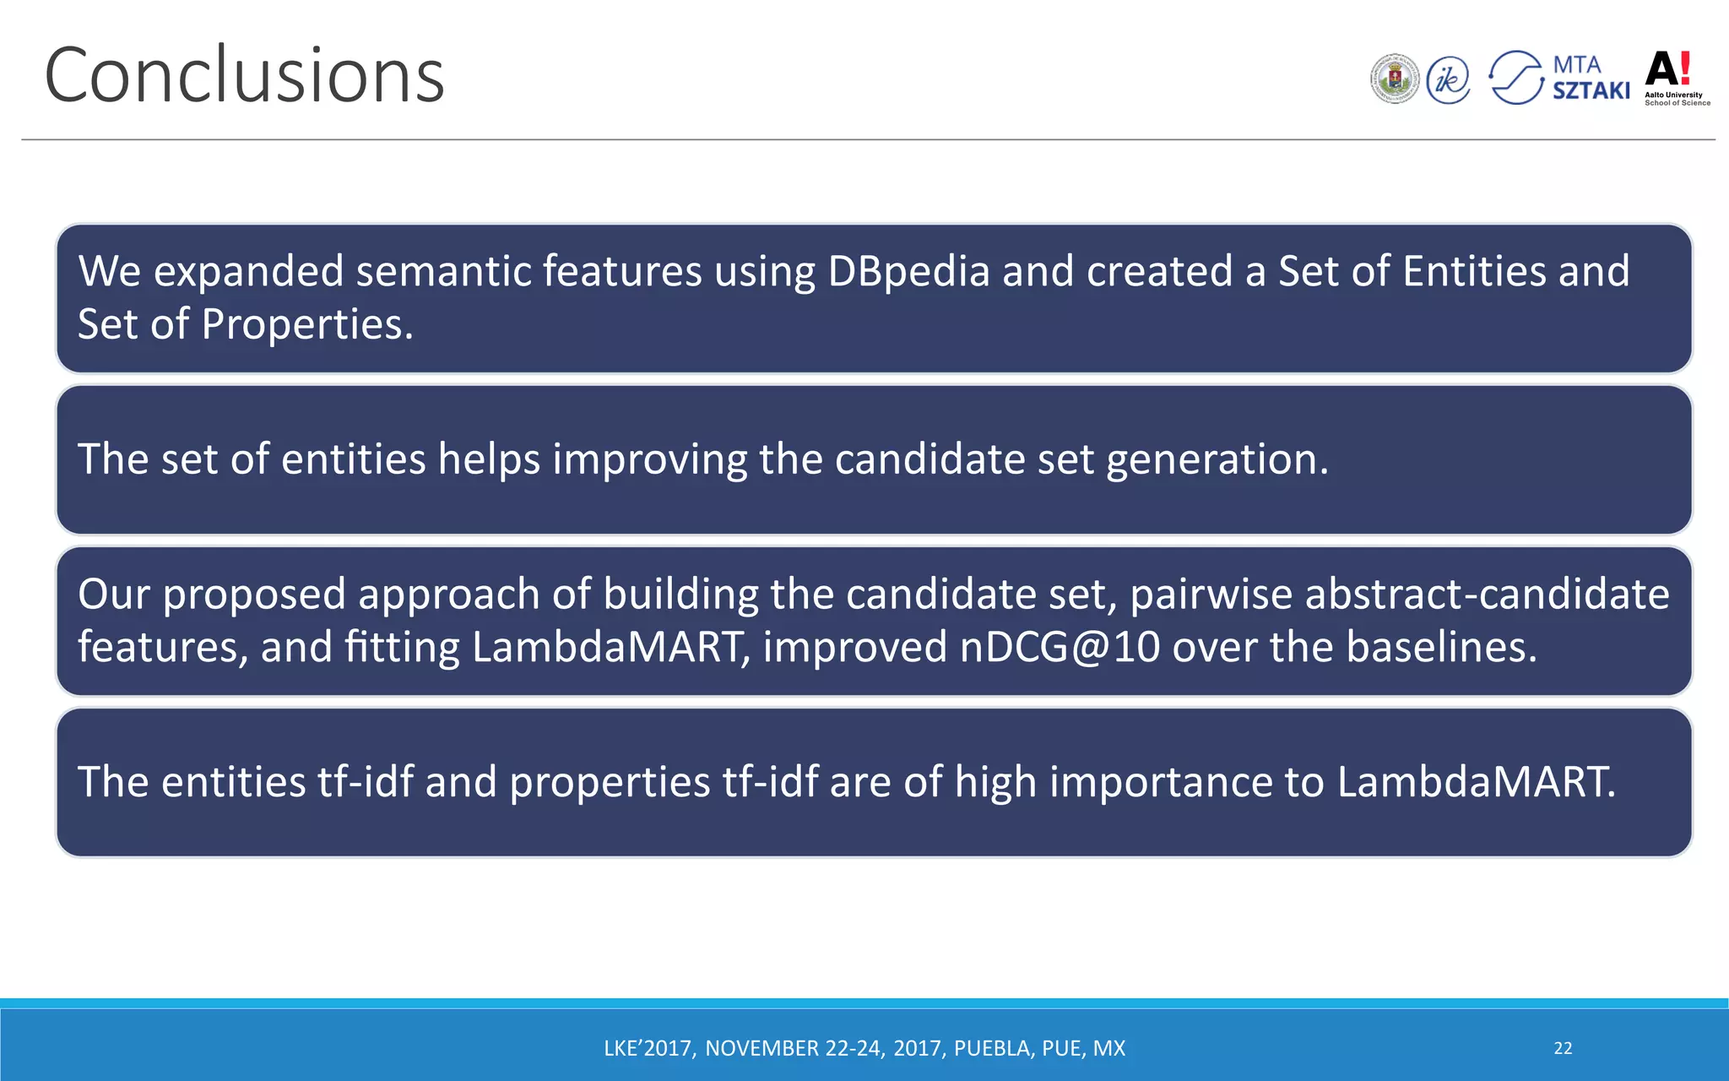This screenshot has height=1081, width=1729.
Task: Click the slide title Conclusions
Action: click(x=244, y=76)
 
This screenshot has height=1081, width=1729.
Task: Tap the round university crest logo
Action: click(x=1395, y=79)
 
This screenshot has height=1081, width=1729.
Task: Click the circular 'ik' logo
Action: click(x=1448, y=80)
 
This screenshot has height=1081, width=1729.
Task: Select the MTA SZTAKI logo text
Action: click(x=1591, y=78)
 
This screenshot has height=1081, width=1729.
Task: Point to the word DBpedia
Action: click(x=908, y=272)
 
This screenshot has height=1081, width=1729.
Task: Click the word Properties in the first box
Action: click(x=306, y=325)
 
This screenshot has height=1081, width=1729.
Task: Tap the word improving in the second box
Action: click(x=649, y=459)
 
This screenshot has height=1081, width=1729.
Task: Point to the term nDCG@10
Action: click(x=1060, y=648)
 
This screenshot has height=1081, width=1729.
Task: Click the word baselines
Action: click(x=1441, y=648)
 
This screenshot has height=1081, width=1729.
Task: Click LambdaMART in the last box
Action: click(x=1476, y=782)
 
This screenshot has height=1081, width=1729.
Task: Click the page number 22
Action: click(x=1563, y=1048)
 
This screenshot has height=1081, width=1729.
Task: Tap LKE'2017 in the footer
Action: click(x=648, y=1048)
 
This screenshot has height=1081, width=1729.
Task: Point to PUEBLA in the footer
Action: click(x=992, y=1048)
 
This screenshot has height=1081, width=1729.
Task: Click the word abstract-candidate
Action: click(x=1487, y=595)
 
